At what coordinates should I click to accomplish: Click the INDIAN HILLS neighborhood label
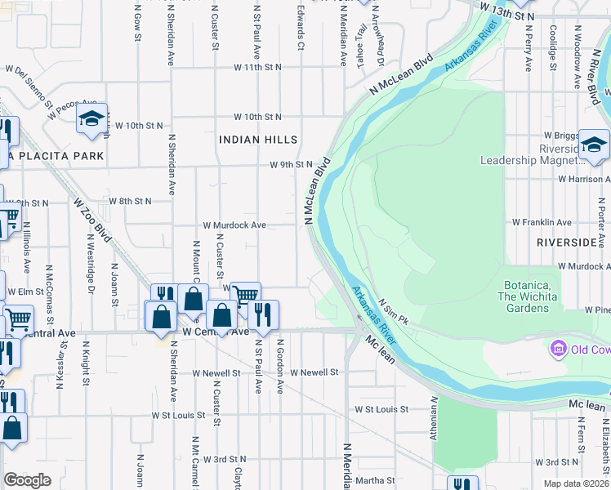[258, 140]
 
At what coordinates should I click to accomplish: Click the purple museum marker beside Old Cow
[560, 350]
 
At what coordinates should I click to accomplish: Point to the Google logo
[27, 480]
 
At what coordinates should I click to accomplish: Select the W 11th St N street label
[256, 66]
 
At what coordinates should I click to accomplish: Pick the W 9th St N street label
[292, 164]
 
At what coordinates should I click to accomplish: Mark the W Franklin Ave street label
[542, 222]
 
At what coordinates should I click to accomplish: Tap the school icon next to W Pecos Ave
[92, 119]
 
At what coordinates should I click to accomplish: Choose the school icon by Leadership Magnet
[594, 145]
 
